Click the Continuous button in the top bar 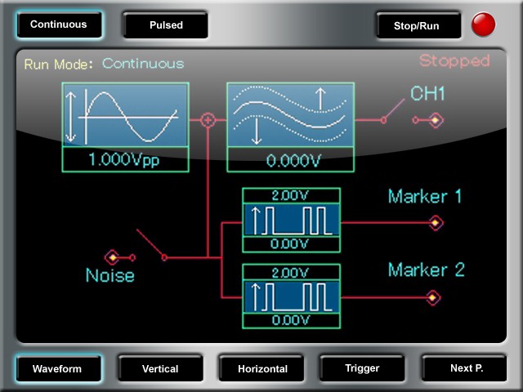coord(59,24)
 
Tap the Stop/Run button coord(416,25)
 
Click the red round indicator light coord(483,24)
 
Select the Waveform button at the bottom coord(57,368)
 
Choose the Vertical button coord(160,368)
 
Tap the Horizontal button coord(262,368)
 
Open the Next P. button coord(467,368)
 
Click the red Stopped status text coord(454,61)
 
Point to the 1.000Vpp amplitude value coord(124,160)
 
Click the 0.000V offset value coord(290,161)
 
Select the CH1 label coord(427,95)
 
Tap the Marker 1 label coord(425,197)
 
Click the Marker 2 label coord(426,270)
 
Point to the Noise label coord(110,276)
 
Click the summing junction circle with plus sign coord(208,120)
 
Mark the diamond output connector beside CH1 coord(436,121)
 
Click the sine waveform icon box coord(125,115)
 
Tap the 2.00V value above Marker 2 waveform coord(290,271)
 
